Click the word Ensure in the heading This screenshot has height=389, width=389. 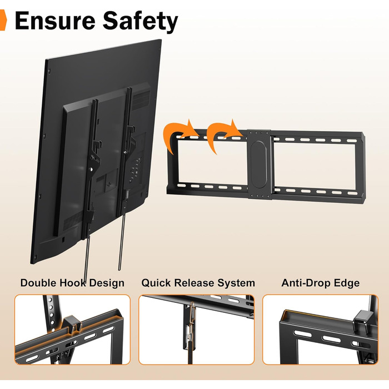coord(55,21)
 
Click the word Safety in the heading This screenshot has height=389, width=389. coord(141,22)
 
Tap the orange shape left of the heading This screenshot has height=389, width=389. coord(3,21)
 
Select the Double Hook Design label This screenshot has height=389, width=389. coord(72,283)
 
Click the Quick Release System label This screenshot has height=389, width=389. coord(198,283)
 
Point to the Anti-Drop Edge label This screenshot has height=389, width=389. coord(320,283)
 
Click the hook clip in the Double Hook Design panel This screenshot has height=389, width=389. coord(72,324)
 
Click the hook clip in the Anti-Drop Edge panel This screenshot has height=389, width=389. coord(361,322)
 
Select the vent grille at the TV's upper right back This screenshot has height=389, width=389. coord(141,99)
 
